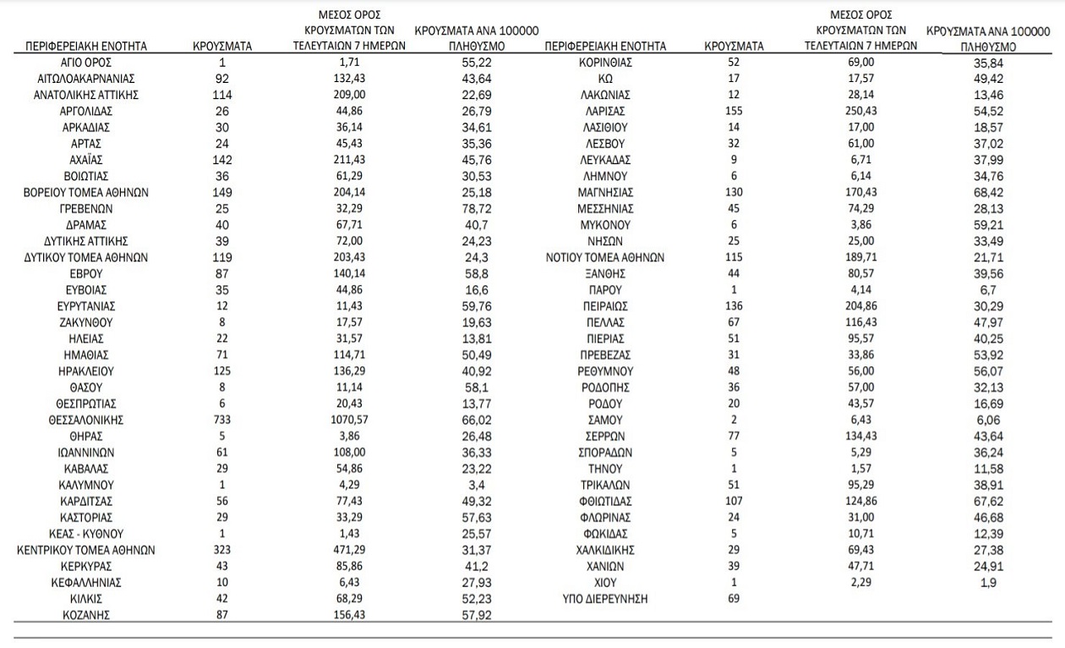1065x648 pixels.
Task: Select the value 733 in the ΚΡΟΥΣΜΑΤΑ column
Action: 222,420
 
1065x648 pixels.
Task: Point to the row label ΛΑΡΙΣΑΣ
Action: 604,111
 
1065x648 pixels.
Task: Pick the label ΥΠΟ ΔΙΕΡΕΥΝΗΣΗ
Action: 605,599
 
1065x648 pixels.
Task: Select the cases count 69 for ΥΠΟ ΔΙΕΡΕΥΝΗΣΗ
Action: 734,599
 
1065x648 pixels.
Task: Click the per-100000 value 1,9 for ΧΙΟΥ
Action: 987,583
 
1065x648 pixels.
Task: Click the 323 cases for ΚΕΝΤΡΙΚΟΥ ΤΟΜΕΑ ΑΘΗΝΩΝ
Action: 222,551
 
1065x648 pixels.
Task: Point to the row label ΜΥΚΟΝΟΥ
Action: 605,225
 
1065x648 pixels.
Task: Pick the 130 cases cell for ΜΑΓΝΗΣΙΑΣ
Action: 734,192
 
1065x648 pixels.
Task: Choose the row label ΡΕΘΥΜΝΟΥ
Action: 605,371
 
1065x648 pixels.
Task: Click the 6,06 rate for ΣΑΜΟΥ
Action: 987,420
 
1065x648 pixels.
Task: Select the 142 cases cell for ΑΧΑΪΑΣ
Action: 222,160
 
